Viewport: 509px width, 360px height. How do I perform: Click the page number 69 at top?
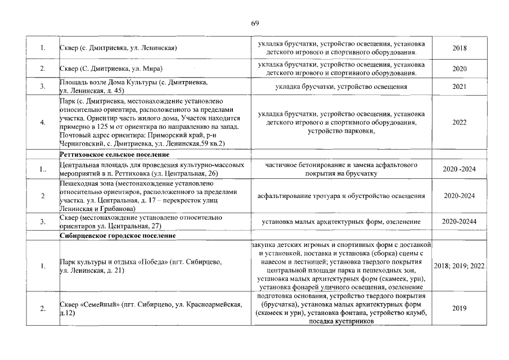point(254,23)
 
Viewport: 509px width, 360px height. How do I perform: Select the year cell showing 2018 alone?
point(460,48)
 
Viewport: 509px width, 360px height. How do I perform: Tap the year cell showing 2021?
point(460,87)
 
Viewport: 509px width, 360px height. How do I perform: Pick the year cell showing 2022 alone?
point(460,121)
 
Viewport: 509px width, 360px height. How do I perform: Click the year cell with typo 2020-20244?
point(460,222)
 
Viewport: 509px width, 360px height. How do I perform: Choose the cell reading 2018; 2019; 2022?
point(460,266)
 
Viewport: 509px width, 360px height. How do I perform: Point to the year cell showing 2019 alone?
point(460,308)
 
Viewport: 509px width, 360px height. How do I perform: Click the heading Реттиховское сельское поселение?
point(106,154)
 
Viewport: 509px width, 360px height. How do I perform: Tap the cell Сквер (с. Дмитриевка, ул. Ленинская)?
point(118,48)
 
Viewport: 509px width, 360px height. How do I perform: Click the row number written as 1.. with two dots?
point(43,168)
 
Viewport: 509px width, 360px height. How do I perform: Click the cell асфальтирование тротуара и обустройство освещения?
point(341,196)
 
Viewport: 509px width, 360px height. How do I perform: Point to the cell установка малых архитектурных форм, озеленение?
point(341,222)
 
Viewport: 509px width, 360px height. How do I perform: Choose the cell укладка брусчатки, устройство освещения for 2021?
point(341,87)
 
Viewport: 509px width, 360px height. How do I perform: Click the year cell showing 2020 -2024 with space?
point(460,168)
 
